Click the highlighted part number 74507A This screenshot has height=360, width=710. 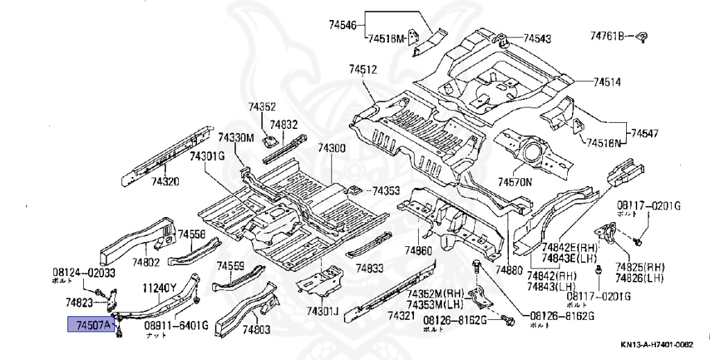tap(89, 324)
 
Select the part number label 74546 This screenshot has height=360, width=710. tap(343, 26)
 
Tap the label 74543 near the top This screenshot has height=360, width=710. tap(537, 39)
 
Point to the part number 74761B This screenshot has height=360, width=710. tap(608, 35)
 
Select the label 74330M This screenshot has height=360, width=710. tap(236, 137)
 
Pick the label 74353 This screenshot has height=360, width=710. tap(386, 191)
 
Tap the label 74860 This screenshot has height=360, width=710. tap(419, 250)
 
